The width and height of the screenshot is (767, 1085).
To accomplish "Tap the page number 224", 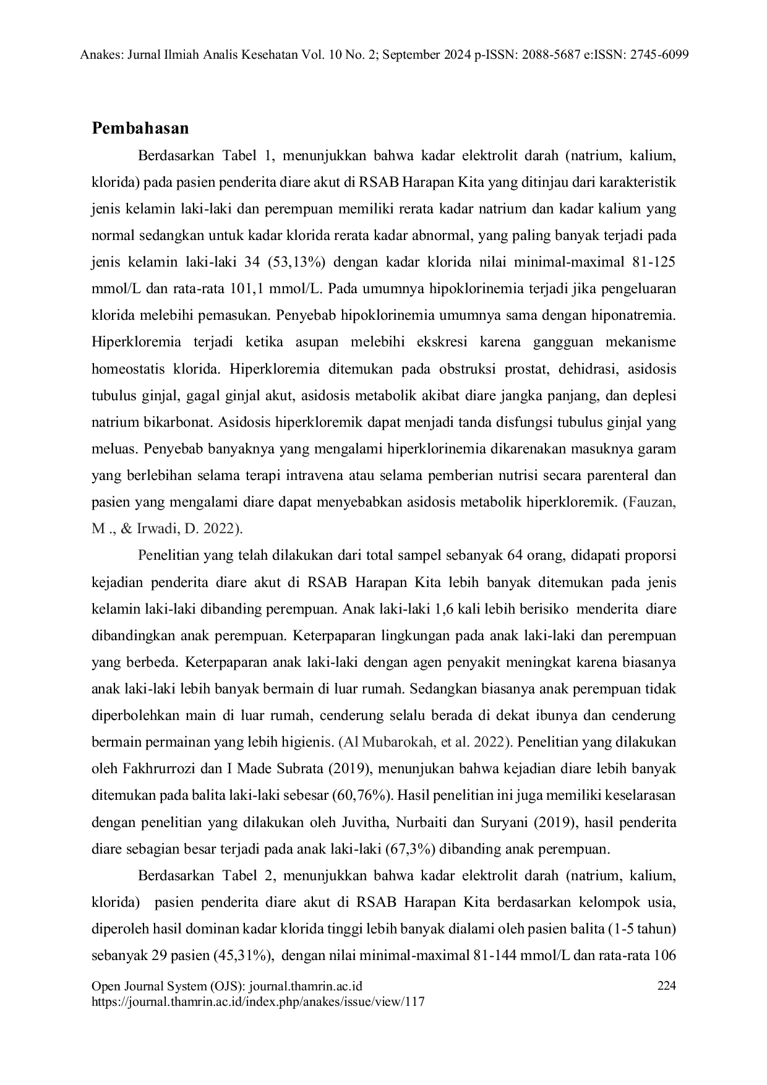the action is click(666, 986).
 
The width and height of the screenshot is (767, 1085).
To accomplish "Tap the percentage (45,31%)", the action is click(243, 955).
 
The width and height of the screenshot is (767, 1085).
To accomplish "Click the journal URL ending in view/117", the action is click(258, 1002).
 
